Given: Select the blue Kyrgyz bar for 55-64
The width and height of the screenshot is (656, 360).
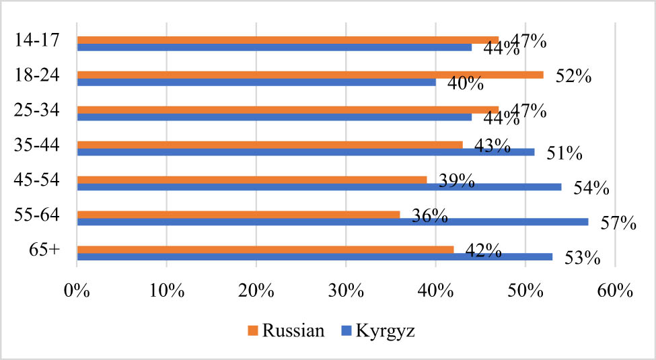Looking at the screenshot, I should pos(332,221).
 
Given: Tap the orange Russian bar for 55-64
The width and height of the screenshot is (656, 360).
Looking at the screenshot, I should pos(238,215).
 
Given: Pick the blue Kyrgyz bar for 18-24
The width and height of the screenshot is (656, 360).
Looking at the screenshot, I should pos(256,82).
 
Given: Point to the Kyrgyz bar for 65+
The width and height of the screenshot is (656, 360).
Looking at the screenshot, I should pos(314,256).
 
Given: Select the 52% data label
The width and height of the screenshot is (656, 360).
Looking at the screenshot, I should pos(573,76).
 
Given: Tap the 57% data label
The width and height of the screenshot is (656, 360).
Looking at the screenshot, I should pos(618,223).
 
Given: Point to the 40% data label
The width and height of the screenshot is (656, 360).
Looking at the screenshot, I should pos(466,84).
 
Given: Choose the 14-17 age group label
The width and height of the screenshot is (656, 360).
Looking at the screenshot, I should pos(35,39).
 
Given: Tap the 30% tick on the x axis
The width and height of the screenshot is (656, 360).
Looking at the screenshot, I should pos(346,292).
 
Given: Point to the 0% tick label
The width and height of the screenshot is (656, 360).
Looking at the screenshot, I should pos(77,292).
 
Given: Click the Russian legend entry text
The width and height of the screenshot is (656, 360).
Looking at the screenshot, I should pos(295,330).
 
